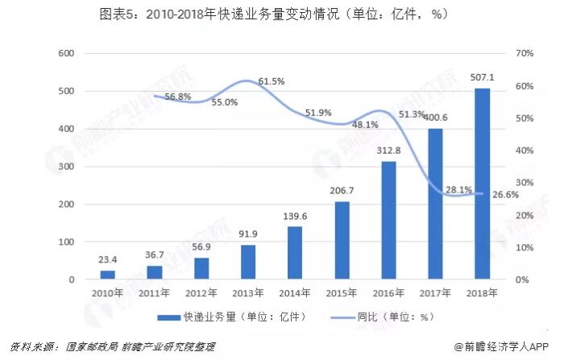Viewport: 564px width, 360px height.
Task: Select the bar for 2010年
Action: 107,275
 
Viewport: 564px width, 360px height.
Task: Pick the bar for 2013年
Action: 248,262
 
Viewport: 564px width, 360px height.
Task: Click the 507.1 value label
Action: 482,78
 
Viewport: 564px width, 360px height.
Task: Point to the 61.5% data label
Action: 272,81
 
